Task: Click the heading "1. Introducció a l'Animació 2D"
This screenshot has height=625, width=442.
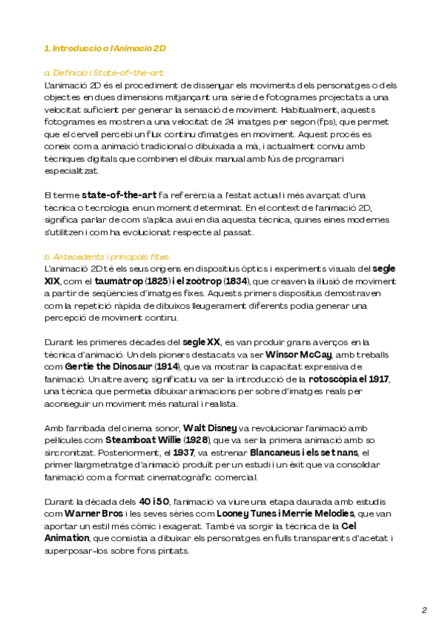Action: pos(105,48)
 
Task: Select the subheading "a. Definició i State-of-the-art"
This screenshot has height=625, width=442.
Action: pos(104,73)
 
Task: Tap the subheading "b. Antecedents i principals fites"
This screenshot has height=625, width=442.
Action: pos(108,256)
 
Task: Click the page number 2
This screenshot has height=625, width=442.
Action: pos(424,610)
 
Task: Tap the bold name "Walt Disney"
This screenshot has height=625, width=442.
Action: pos(210,427)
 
